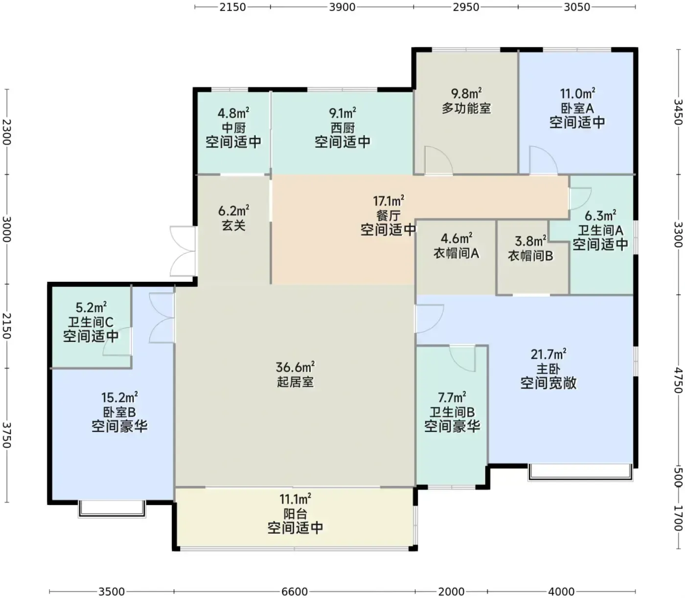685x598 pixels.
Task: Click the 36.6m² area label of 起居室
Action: point(295,367)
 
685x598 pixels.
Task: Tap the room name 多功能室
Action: point(466,108)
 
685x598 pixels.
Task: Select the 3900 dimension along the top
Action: point(342,7)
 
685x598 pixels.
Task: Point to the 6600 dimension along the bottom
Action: point(294,592)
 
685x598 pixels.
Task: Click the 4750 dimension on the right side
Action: point(678,381)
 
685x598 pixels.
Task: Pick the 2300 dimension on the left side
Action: point(7,132)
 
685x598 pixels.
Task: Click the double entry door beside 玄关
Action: point(183,251)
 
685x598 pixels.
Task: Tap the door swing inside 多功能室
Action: point(438,160)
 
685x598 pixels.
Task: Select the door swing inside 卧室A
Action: point(543,160)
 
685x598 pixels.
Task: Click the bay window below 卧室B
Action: point(112,508)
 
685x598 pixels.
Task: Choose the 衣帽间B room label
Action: point(530,256)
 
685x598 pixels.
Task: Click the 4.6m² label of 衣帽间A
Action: point(457,238)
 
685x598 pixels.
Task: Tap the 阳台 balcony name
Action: point(295,514)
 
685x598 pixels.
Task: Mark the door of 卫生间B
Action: point(462,359)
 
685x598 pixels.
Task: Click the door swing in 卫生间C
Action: point(117,341)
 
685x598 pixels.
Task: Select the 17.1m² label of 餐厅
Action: point(388,201)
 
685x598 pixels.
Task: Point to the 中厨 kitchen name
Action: point(233,128)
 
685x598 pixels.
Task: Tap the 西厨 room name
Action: point(342,128)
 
